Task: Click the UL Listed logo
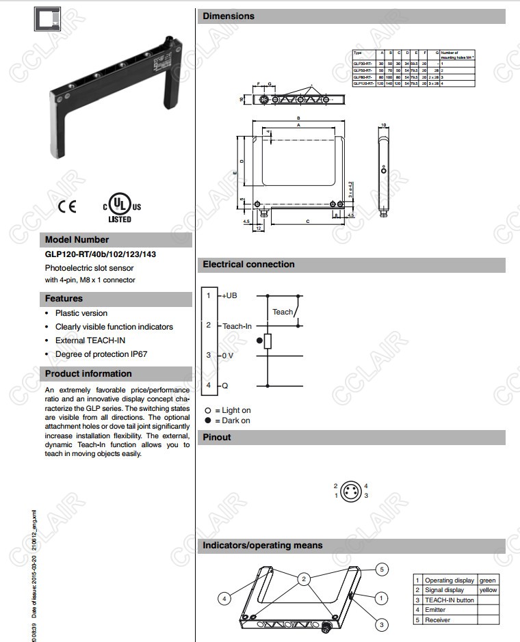click(121, 207)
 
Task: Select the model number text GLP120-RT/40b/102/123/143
click(101, 254)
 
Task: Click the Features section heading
click(64, 299)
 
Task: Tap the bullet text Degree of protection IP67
click(101, 354)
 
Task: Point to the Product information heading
click(88, 373)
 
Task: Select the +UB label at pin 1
click(229, 295)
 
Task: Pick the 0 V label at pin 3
click(229, 356)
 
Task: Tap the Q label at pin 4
click(224, 386)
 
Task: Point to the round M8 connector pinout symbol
click(351, 490)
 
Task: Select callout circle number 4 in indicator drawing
click(223, 599)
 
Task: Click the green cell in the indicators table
click(487, 580)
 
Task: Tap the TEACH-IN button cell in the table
click(449, 600)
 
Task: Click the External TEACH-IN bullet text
click(90, 340)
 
